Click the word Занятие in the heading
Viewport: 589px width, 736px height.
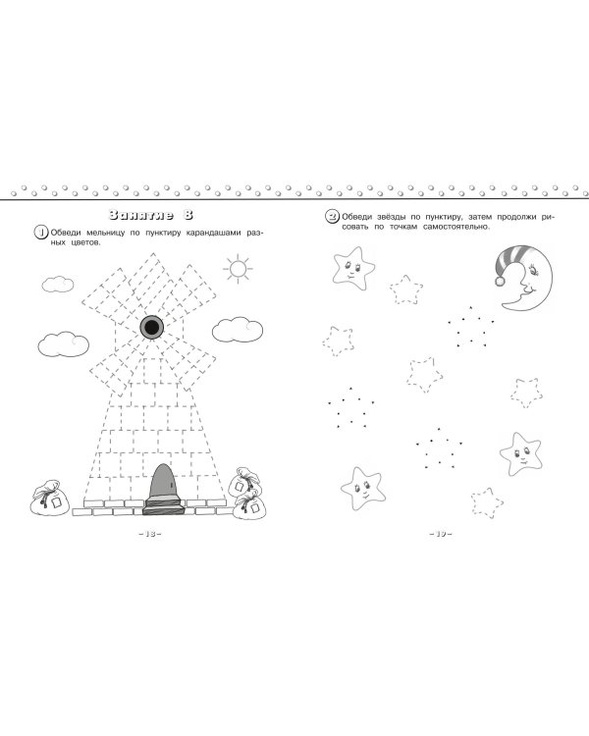coord(140,216)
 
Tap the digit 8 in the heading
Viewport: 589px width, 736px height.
coord(187,216)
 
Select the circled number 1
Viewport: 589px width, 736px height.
coord(41,233)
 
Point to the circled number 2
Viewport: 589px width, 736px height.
coord(333,217)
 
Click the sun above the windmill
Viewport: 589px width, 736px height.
coord(238,269)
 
